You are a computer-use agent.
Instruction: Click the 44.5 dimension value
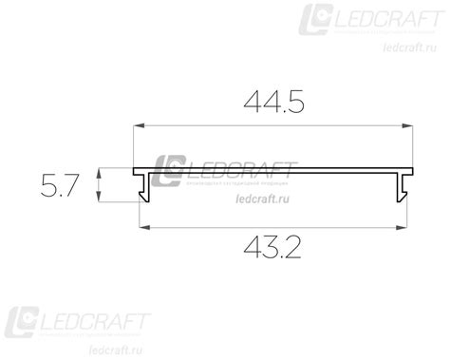275,102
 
